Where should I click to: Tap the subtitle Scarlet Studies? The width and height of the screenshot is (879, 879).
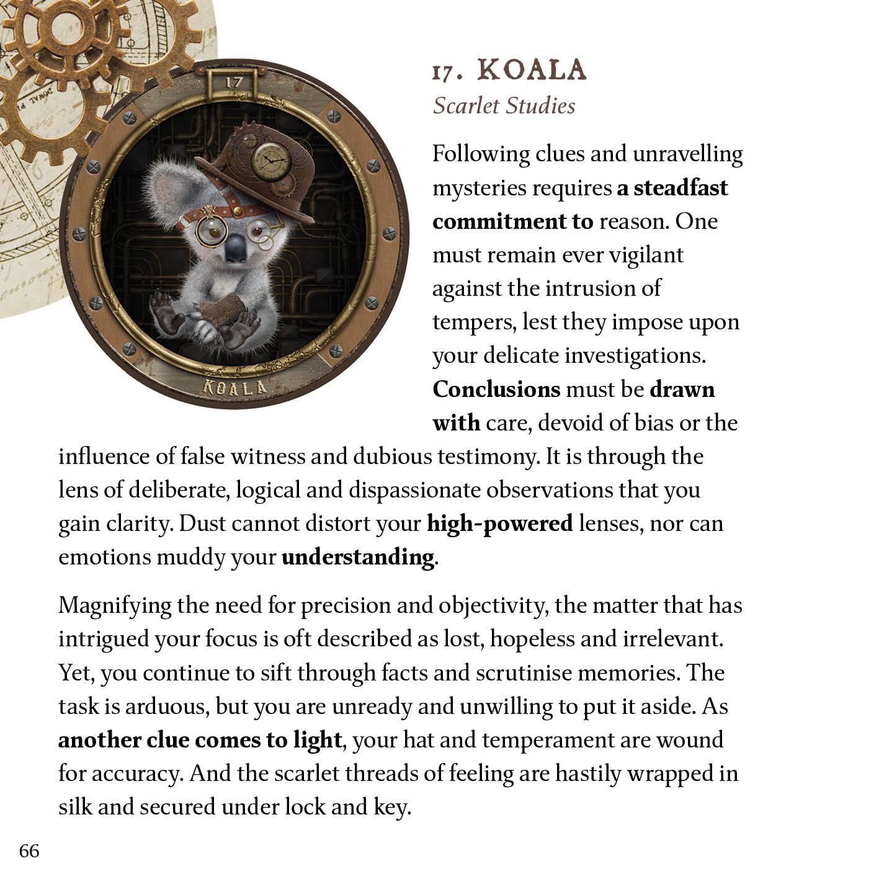tap(504, 105)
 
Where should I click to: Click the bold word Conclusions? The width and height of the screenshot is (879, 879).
tap(496, 390)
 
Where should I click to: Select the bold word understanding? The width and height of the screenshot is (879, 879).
tap(358, 557)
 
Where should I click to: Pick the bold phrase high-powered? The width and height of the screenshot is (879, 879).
tap(499, 524)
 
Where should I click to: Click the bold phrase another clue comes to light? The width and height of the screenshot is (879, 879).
tap(200, 740)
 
